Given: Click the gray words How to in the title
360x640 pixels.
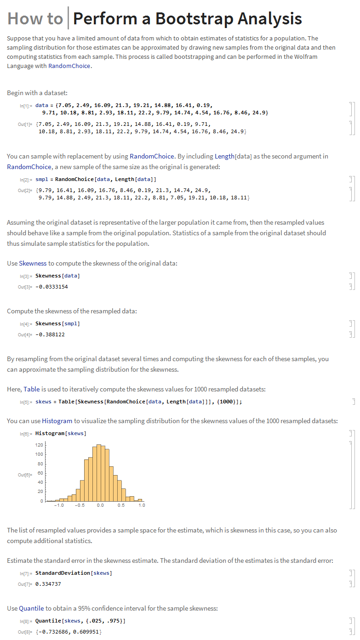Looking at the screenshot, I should tap(35, 18).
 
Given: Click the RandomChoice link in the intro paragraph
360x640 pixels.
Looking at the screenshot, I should tap(69, 66).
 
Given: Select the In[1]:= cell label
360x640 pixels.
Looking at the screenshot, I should tap(25, 106).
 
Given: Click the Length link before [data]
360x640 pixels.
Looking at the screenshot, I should tap(224, 156).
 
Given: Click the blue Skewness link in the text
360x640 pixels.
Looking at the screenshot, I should tap(33, 263).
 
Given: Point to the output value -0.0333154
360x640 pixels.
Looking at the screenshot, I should tap(51, 287).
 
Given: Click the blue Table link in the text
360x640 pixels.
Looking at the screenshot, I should tap(32, 389).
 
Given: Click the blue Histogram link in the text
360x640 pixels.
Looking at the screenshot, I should tap(57, 421).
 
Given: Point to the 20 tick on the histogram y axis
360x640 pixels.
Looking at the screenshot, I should tap(40, 492).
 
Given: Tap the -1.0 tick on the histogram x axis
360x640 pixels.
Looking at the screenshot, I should tap(59, 505).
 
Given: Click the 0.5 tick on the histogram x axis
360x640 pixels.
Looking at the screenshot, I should tap(121, 505).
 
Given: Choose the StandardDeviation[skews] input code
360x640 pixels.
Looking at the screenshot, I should tap(74, 573).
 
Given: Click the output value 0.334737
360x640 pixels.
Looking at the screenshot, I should tap(48, 584).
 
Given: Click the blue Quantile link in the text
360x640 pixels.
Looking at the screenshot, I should tap(31, 608).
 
